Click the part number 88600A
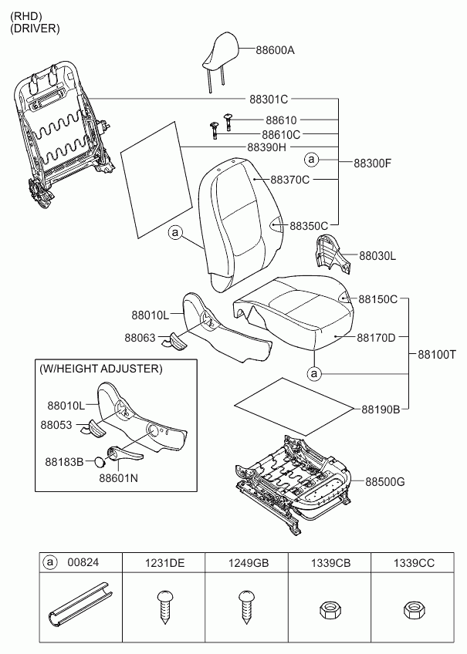click(275, 50)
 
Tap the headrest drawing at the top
click(221, 58)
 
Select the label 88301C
click(269, 99)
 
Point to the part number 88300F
click(373, 163)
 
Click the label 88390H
click(267, 147)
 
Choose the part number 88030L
click(377, 256)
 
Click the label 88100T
click(437, 355)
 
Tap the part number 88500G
click(385, 482)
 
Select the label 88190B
click(381, 410)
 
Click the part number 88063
click(140, 338)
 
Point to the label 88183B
click(64, 462)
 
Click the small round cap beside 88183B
click(100, 462)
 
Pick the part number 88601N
click(119, 478)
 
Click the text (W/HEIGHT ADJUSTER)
click(100, 369)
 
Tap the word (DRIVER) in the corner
click(35, 29)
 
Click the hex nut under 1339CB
click(330, 611)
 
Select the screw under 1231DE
click(165, 607)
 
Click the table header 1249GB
click(249, 563)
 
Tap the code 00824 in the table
click(83, 562)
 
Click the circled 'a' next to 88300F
click(311, 160)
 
